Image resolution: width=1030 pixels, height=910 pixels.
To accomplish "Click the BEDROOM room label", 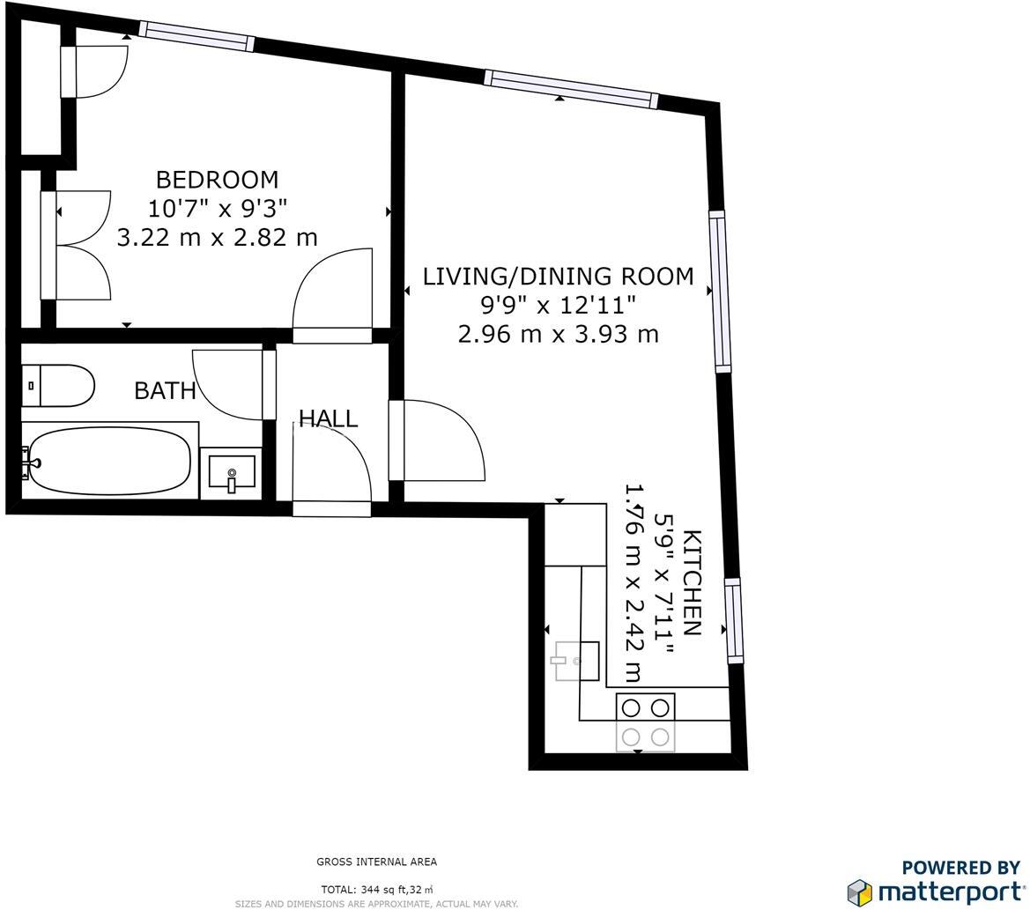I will tap(217, 180).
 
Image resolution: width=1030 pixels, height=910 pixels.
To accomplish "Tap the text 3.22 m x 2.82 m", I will tap(217, 237).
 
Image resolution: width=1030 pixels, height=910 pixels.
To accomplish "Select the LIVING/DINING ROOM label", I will tap(558, 277).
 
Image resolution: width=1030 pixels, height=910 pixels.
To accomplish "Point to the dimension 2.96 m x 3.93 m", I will tap(558, 334).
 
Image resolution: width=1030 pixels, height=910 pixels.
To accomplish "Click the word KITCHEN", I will tap(692, 582).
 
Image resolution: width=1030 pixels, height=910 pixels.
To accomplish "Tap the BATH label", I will tap(165, 390).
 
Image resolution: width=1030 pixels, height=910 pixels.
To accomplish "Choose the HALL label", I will tap(328, 418).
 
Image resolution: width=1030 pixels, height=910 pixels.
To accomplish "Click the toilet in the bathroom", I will tap(58, 386).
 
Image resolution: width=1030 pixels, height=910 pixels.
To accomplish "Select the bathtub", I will tap(109, 461).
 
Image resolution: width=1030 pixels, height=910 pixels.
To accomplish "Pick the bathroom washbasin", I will tap(232, 473).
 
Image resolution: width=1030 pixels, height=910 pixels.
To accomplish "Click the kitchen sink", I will tap(576, 661).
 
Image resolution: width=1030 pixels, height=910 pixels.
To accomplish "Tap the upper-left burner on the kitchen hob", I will tap(631, 708).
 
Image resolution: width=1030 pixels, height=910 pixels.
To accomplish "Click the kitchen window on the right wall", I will tap(733, 620).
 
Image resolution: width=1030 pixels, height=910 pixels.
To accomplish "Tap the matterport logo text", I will tap(949, 891).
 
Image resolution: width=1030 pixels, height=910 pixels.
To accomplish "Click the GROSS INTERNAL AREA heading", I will tap(376, 862).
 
